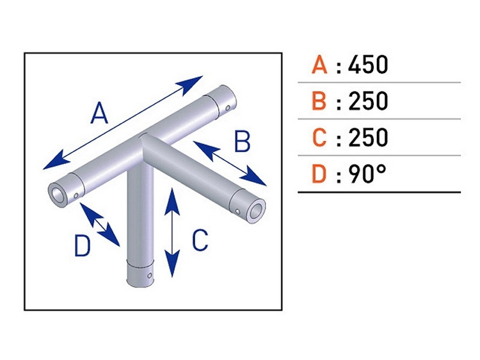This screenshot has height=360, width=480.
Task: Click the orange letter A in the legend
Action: (319, 65)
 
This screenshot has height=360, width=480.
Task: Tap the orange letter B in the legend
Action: (319, 101)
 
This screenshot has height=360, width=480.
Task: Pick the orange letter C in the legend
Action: (319, 138)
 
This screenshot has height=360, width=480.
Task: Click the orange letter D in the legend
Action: (319, 174)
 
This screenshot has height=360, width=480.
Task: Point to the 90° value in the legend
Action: (367, 174)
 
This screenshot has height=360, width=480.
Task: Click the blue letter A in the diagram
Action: (99, 113)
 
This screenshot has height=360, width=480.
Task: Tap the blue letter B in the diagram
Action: (242, 142)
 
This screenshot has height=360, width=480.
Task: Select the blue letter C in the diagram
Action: (200, 240)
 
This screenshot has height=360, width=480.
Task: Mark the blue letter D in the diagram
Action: (82, 245)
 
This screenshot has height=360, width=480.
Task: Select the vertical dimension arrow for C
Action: (172, 233)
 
